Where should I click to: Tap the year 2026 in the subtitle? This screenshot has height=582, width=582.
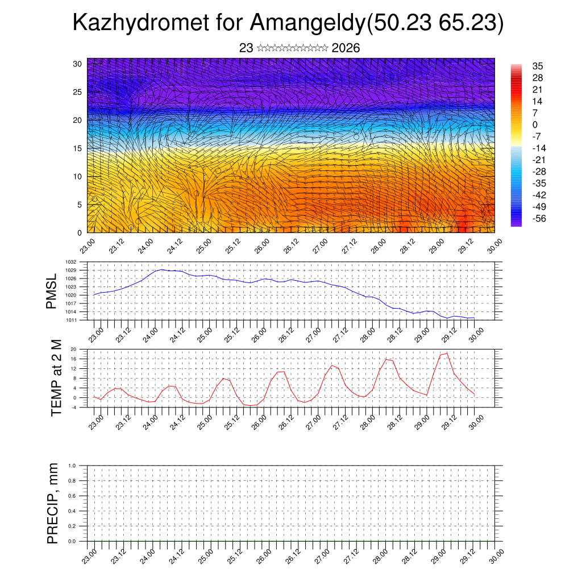346,48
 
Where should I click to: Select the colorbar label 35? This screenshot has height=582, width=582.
538,66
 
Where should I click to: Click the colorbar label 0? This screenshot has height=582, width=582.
535,124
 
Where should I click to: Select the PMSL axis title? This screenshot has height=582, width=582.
52,291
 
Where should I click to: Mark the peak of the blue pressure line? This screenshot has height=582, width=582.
163,269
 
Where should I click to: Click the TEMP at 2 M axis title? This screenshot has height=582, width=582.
56,377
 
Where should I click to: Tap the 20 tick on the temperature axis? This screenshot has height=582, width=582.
73,349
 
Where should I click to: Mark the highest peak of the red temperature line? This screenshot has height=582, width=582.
447,354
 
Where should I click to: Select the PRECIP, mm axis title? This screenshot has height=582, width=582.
53,504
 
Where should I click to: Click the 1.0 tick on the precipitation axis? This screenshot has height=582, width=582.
72,465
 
